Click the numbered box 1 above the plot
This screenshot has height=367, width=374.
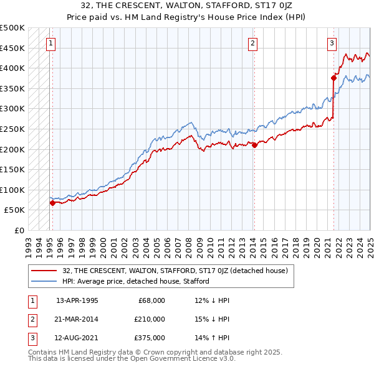50,44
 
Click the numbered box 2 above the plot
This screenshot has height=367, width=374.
252,44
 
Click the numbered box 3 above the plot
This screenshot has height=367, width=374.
332,44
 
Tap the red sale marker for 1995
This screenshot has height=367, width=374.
52,202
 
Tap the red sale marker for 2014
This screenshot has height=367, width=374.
254,145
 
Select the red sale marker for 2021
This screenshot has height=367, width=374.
333,78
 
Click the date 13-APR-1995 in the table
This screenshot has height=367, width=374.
77,300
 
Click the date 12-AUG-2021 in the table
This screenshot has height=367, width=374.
77,338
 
